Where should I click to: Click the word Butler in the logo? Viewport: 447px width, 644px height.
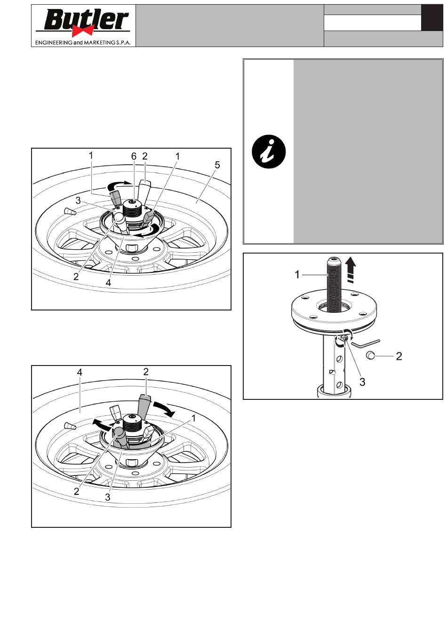(x=86, y=20)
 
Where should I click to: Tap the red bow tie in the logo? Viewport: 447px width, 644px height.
(x=83, y=31)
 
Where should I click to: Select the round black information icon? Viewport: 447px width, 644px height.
(x=268, y=151)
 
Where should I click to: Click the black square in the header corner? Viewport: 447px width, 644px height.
(x=432, y=17)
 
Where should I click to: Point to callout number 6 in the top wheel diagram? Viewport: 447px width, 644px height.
(x=134, y=156)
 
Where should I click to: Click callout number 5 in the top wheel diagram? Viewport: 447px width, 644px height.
(x=217, y=165)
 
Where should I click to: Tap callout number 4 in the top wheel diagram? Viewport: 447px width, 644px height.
(x=108, y=283)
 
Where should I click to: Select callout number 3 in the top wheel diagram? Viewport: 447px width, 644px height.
(x=78, y=200)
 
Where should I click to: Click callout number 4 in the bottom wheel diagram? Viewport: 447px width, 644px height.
(x=80, y=372)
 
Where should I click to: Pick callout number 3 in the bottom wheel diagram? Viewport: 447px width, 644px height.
(x=108, y=497)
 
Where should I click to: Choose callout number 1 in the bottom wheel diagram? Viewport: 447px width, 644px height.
(x=193, y=418)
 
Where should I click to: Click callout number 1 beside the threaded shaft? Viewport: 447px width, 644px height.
(x=297, y=275)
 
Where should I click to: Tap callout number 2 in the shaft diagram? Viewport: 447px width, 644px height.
(x=399, y=356)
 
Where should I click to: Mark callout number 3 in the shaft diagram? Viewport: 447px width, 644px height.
(x=362, y=382)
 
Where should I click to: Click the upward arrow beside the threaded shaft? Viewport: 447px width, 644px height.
(x=350, y=270)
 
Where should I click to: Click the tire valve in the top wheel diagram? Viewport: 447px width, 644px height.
(x=70, y=212)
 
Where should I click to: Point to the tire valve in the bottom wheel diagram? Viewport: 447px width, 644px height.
(x=70, y=426)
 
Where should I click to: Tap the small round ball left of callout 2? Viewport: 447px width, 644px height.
(x=369, y=356)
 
